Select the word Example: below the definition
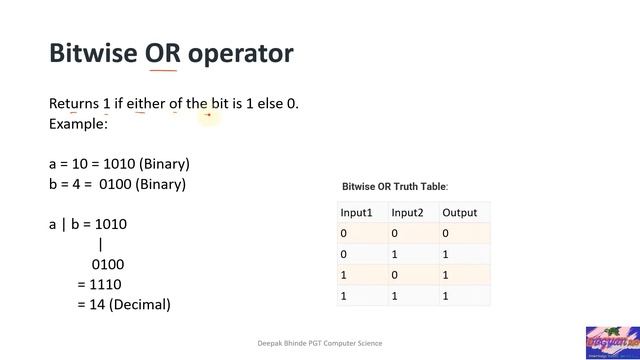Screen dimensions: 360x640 [x=78, y=124]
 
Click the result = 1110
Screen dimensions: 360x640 [x=99, y=284]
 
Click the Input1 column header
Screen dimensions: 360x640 [x=356, y=212]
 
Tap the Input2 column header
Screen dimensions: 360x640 [x=407, y=212]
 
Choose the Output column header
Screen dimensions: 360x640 [x=460, y=212]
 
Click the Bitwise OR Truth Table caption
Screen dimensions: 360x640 [x=395, y=187]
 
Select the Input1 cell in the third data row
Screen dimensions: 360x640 [x=344, y=275]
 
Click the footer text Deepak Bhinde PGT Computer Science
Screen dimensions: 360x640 [x=320, y=343]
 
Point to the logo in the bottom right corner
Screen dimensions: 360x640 [x=611, y=341]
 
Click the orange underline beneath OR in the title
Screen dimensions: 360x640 [x=162, y=71]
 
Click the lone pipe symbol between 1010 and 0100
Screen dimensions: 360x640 [x=101, y=244]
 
